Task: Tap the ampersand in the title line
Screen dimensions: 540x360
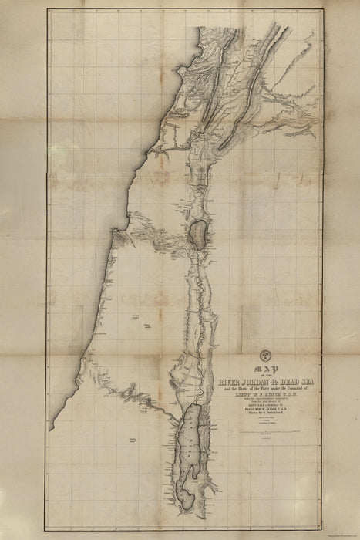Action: [279, 382]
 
